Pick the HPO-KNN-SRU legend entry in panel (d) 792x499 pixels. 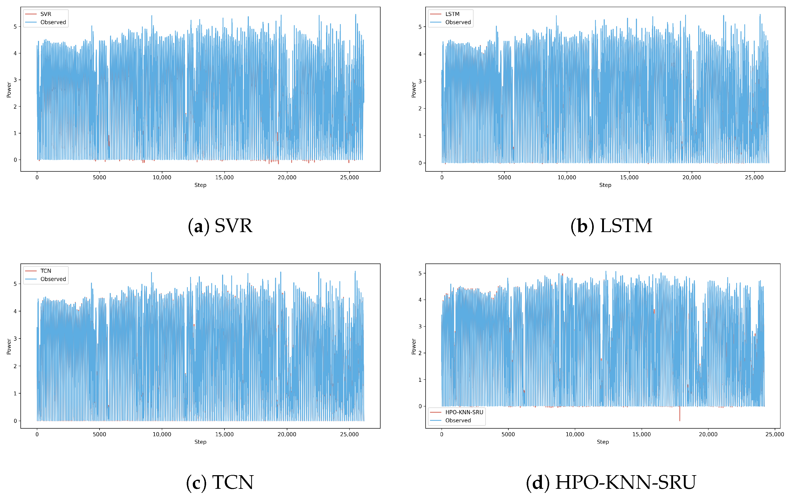tap(464, 412)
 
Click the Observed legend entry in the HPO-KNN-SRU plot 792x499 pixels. tap(458, 420)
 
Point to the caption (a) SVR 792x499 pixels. tap(220, 226)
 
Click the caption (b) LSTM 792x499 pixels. tap(611, 226)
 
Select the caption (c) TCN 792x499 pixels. tap(220, 482)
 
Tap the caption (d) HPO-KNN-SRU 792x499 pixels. tap(611, 482)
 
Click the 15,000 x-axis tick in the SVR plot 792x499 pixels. tap(224, 177)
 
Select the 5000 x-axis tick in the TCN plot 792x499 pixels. tap(99, 434)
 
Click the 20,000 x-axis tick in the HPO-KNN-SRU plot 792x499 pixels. tap(708, 434)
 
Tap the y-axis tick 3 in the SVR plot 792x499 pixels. tap(15, 80)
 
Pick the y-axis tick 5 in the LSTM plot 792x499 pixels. tap(420, 27)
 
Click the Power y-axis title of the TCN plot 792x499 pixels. tap(9, 346)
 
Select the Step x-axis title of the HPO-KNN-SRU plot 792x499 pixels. tap(603, 442)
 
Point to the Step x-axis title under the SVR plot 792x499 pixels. tap(200, 185)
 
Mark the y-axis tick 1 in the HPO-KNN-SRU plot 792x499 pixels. tap(420, 380)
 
